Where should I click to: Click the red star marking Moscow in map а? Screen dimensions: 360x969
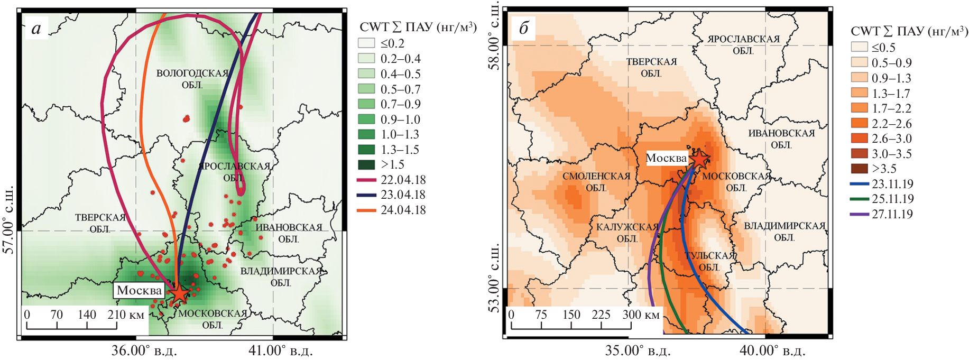click(179, 294)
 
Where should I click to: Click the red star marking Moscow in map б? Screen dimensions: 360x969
click(699, 159)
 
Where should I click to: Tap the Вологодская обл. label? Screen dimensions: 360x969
click(192, 79)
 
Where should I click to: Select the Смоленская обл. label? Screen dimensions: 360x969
click(596, 181)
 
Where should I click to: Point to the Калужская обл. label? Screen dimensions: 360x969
click(627, 233)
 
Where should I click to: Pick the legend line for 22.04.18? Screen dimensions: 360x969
click(366, 180)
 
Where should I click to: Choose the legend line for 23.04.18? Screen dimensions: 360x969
click(366, 195)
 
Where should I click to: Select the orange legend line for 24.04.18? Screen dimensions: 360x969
click(366, 210)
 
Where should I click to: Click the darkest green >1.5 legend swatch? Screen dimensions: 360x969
click(366, 164)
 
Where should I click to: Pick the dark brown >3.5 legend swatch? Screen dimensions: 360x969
click(859, 169)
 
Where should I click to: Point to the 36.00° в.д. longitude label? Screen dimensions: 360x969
click(144, 350)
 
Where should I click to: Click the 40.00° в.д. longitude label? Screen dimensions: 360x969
click(772, 350)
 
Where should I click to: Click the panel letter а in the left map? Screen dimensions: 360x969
click(36, 28)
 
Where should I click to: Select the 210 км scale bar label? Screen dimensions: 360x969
click(126, 315)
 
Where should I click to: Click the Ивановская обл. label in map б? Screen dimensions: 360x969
click(781, 139)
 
